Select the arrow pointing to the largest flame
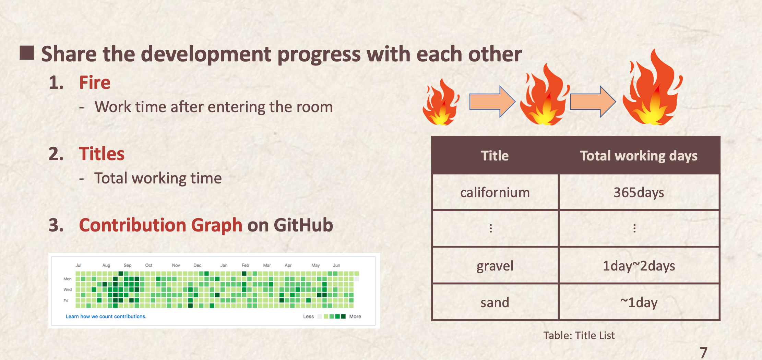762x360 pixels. tap(593, 101)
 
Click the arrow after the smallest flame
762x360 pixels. tap(492, 101)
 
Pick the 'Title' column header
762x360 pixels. tap(495, 156)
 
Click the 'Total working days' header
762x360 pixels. tap(639, 156)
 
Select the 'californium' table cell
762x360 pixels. tap(495, 192)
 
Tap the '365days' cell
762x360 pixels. tap(639, 192)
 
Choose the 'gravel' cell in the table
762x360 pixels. tap(495, 266)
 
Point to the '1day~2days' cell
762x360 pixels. tap(639, 266)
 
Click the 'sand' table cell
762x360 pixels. tap(495, 302)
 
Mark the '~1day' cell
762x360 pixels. tap(639, 302)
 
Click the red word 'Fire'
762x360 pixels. tap(95, 83)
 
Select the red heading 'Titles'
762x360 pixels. tap(102, 154)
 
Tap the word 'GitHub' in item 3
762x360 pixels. tap(303, 225)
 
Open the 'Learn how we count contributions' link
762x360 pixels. tap(106, 316)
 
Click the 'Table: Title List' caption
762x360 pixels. tap(579, 335)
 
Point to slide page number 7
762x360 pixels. tap(703, 352)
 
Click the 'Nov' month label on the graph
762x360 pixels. tap(176, 265)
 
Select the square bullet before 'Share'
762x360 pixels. tap(27, 53)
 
